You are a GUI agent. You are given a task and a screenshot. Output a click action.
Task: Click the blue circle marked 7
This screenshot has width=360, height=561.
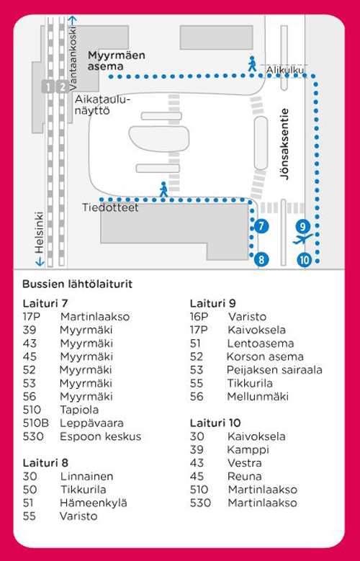point(261,226)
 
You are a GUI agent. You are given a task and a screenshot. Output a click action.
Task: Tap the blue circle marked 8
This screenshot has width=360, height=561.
point(261,259)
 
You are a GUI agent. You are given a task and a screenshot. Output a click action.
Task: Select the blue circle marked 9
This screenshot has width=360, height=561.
point(302,226)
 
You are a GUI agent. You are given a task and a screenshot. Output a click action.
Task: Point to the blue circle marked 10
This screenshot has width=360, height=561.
point(304,260)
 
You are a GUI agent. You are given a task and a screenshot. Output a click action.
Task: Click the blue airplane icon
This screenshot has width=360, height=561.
point(302,239)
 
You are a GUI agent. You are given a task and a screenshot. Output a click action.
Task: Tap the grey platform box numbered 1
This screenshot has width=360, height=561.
point(48,87)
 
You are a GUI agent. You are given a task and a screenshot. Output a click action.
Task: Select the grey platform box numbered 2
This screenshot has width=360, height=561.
point(62,87)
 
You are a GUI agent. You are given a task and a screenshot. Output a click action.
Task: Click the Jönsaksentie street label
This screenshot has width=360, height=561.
point(284,144)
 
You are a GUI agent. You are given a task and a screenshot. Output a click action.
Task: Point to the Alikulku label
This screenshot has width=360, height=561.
point(285,70)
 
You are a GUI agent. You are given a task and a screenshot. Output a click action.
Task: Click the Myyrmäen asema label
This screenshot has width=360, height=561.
point(117,60)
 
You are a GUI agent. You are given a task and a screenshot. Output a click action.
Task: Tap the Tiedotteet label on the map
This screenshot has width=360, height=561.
point(110,207)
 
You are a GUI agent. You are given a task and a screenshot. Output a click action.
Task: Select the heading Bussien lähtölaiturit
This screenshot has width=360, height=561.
point(77,284)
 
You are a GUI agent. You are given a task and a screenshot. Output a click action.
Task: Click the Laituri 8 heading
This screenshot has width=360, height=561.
point(45,463)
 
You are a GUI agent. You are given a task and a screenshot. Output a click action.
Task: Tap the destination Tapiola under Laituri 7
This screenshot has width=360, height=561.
point(79,410)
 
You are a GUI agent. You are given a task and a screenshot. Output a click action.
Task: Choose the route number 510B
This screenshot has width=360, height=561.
point(36,423)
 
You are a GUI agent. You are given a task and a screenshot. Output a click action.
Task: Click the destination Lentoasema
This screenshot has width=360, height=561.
point(261,344)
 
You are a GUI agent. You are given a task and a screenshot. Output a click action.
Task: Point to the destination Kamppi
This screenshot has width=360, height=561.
point(248,450)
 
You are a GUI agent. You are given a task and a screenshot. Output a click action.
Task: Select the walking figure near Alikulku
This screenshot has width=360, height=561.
point(252,63)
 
